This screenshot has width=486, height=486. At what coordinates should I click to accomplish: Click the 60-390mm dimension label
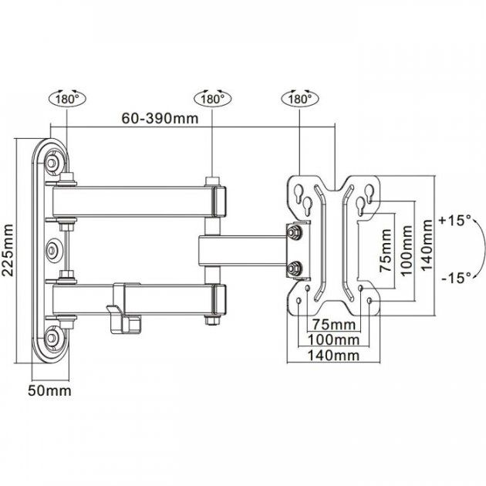coord(160,118)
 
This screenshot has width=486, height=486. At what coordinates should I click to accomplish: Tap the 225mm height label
coord(8,250)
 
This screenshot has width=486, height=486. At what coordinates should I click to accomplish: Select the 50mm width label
coord(49,390)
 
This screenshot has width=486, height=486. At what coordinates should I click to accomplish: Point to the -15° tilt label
coord(456,278)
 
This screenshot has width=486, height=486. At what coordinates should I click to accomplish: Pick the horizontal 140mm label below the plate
coord(333,356)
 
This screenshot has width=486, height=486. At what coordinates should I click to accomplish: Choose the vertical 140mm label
coord(427,245)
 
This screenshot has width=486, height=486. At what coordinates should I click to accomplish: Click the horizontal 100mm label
coord(333,340)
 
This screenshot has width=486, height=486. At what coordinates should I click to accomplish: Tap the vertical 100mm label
coord(407,251)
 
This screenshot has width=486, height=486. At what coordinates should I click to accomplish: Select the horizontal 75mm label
coord(334,325)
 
